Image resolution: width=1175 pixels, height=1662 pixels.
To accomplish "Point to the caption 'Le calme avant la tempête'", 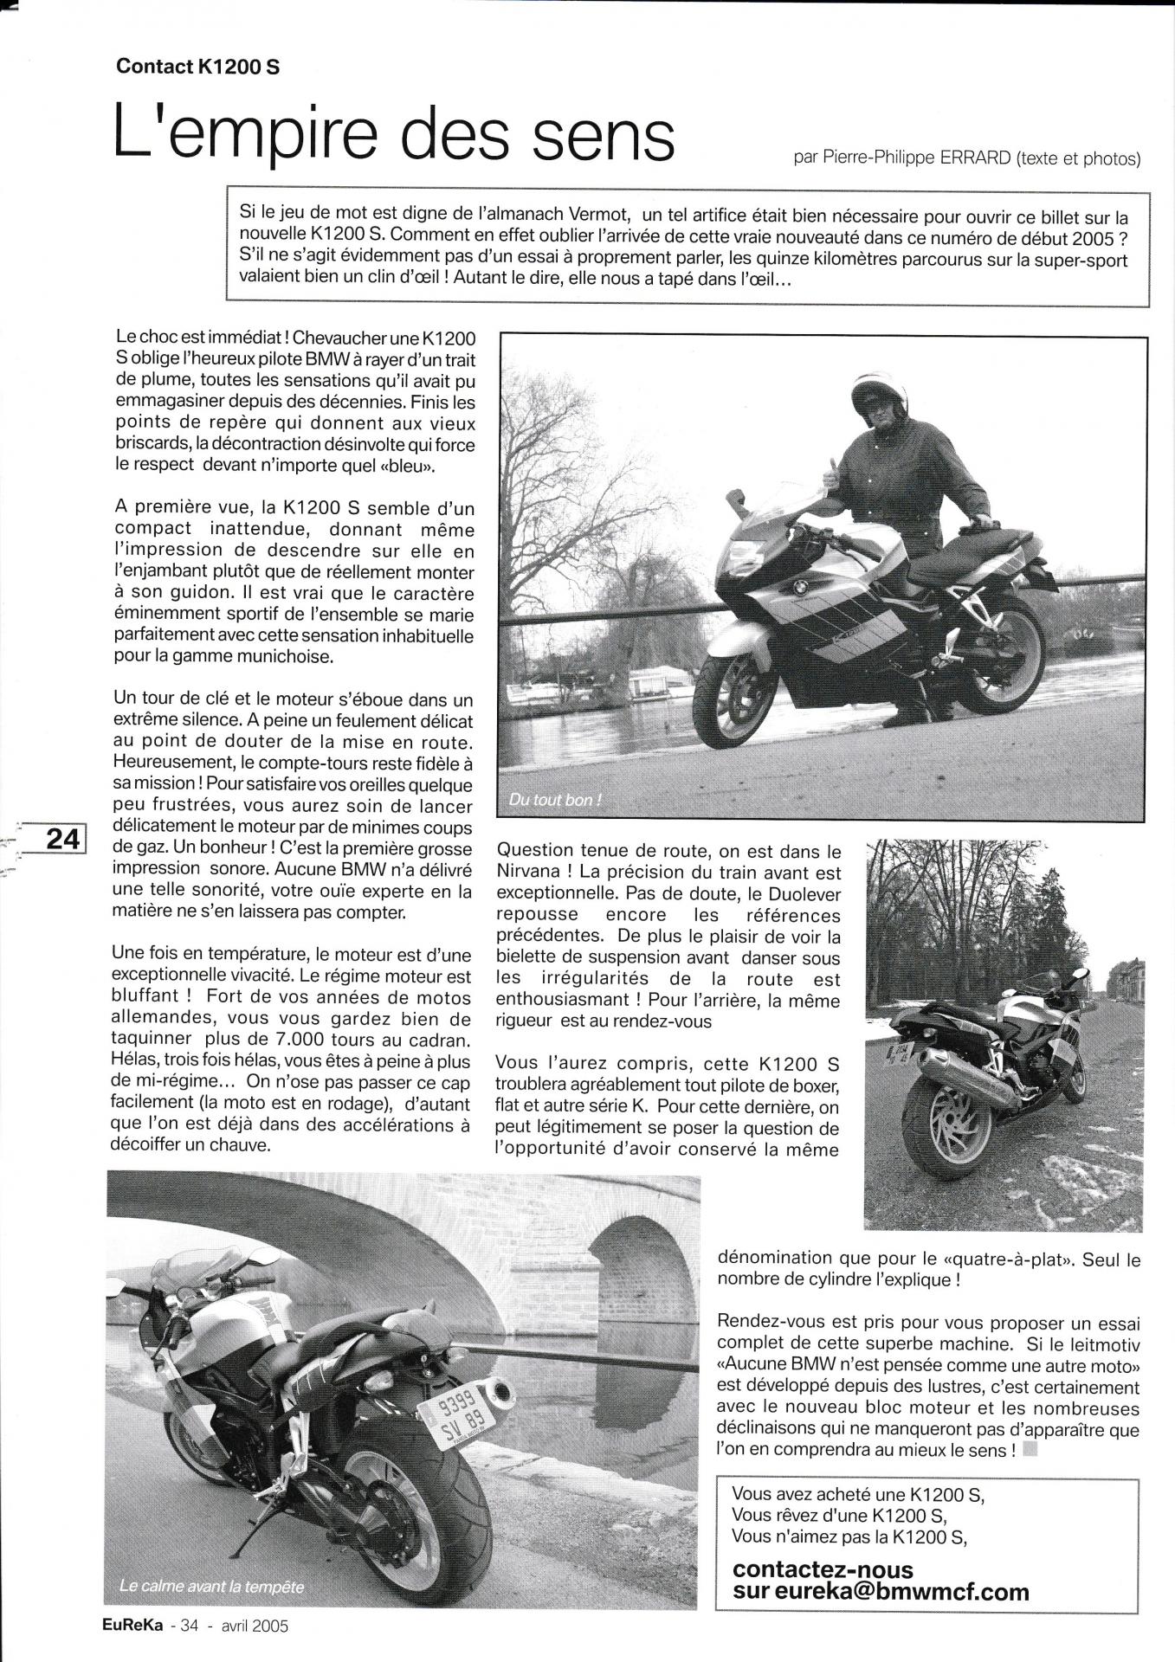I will pos(212,1587).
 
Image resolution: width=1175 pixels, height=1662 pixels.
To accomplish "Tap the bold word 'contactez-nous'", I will pos(823,1569).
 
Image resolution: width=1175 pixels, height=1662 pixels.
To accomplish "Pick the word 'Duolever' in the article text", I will pos(804,894).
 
